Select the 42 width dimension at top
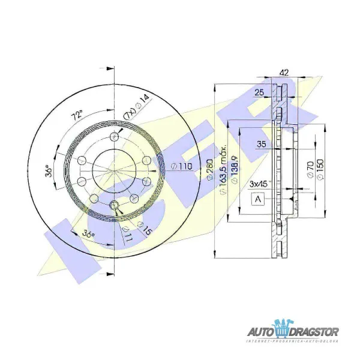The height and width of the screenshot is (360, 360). (x=285, y=73)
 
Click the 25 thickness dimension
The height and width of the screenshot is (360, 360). (x=259, y=92)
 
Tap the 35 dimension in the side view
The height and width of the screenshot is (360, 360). (x=262, y=144)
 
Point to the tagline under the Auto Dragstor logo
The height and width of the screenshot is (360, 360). (x=293, y=342)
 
